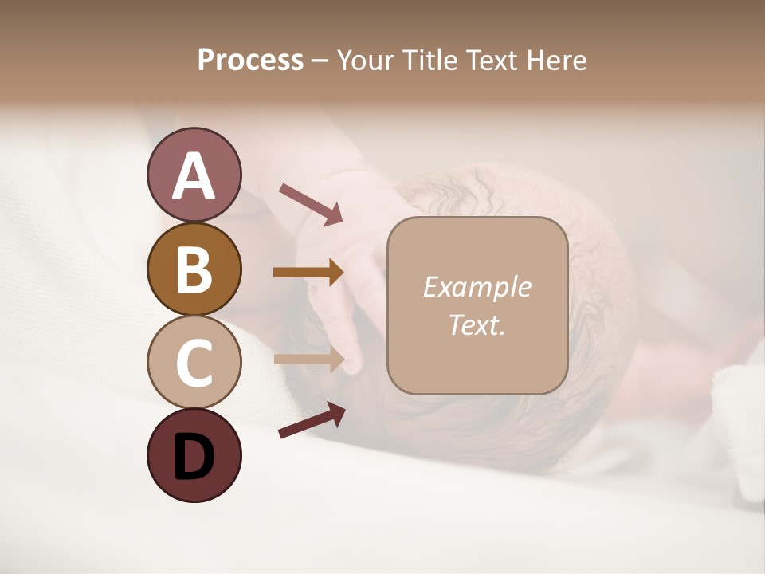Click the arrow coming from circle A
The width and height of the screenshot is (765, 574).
(310, 202)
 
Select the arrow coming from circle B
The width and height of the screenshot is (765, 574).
(308, 273)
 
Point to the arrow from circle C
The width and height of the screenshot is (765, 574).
(308, 360)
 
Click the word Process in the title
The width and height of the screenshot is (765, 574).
(250, 61)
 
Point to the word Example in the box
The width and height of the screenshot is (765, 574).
(477, 287)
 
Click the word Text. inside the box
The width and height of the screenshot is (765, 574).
(477, 325)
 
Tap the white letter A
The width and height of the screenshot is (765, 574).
(194, 177)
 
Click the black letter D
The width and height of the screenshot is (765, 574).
(194, 457)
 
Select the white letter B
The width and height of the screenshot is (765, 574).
(194, 270)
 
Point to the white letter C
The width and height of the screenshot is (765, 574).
(194, 363)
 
